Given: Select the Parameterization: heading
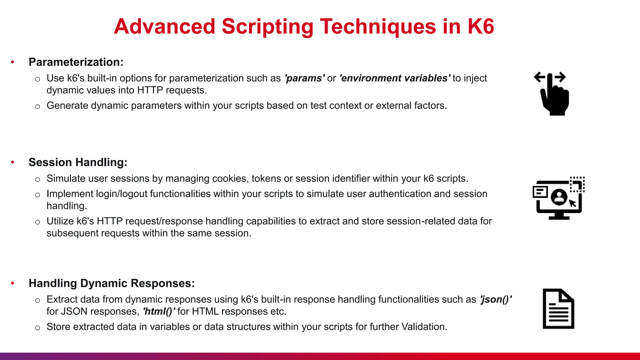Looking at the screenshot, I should point(76,62).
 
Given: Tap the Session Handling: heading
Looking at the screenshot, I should point(78,162).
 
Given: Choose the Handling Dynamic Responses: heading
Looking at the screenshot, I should point(112,283).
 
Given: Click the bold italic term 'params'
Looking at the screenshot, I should point(304,78).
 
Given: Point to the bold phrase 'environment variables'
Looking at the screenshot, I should point(395,78).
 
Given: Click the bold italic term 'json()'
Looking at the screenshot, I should point(496,299).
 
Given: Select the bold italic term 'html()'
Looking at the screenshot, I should point(159,312).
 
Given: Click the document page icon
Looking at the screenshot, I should point(558,309).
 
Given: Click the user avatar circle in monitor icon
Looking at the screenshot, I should point(559,197).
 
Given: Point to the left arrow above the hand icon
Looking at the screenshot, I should point(539,77).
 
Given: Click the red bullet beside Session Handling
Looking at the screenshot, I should point(12,162).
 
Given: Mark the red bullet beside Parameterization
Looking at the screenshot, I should point(12,62).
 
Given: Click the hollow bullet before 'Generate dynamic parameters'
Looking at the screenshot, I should point(37,107).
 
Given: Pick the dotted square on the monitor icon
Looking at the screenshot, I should point(577,184).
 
